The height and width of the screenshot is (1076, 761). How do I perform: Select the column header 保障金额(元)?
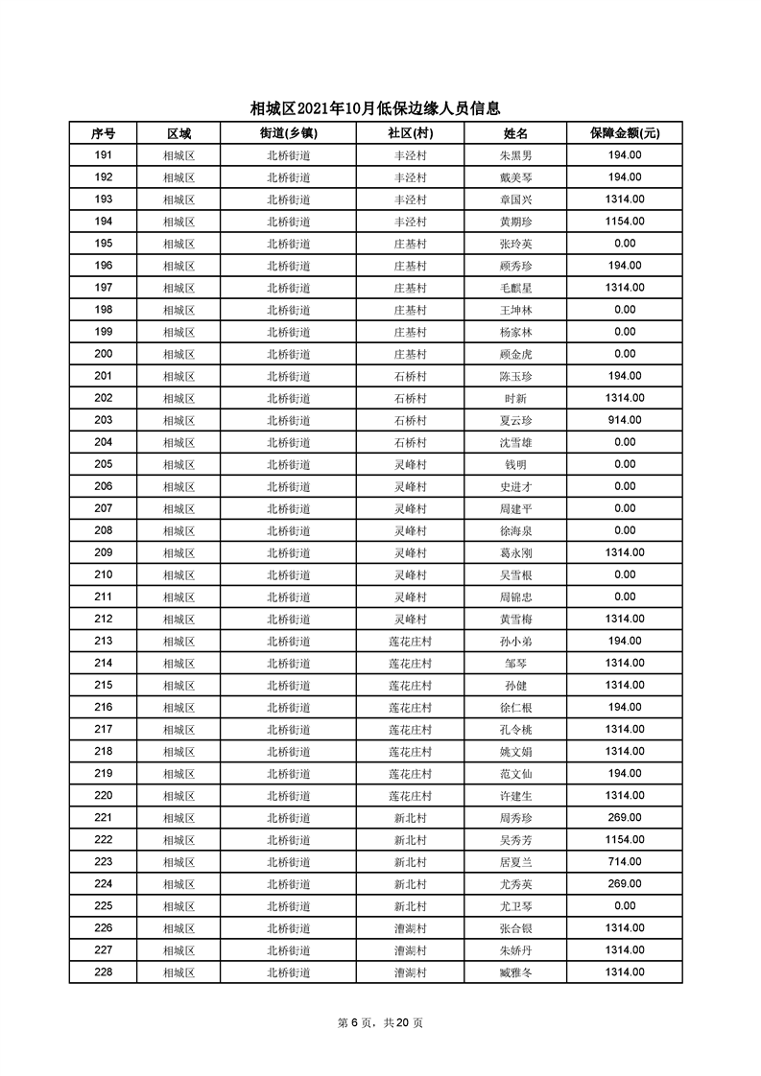[x=625, y=133]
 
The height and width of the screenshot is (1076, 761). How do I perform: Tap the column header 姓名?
[x=515, y=133]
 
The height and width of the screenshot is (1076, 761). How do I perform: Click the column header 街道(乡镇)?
[x=288, y=133]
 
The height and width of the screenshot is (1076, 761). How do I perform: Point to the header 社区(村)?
[x=410, y=133]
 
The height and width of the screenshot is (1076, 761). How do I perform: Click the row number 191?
[x=104, y=155]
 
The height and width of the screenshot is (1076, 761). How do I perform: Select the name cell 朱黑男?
[x=515, y=155]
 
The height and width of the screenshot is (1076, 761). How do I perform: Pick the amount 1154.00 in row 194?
[x=625, y=222]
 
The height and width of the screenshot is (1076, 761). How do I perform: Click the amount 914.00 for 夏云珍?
[x=625, y=420]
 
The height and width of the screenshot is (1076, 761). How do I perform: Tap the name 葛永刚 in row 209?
[x=515, y=552]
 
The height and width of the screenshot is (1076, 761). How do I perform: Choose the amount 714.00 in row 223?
[x=625, y=861]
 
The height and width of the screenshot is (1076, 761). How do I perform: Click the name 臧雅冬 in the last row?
[x=515, y=972]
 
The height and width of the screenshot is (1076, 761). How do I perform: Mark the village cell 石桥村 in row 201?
[x=410, y=376]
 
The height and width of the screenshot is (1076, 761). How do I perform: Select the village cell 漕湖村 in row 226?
[x=410, y=928]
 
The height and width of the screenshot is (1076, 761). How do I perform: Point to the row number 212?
[x=104, y=619]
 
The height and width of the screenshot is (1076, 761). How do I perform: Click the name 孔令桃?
[x=515, y=729]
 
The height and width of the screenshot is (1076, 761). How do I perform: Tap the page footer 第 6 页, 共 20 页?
[x=380, y=1022]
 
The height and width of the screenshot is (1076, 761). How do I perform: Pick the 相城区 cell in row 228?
[x=178, y=972]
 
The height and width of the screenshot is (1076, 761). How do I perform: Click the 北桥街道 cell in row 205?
[x=288, y=464]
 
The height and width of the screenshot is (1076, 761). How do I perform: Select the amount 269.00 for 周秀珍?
[x=625, y=817]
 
